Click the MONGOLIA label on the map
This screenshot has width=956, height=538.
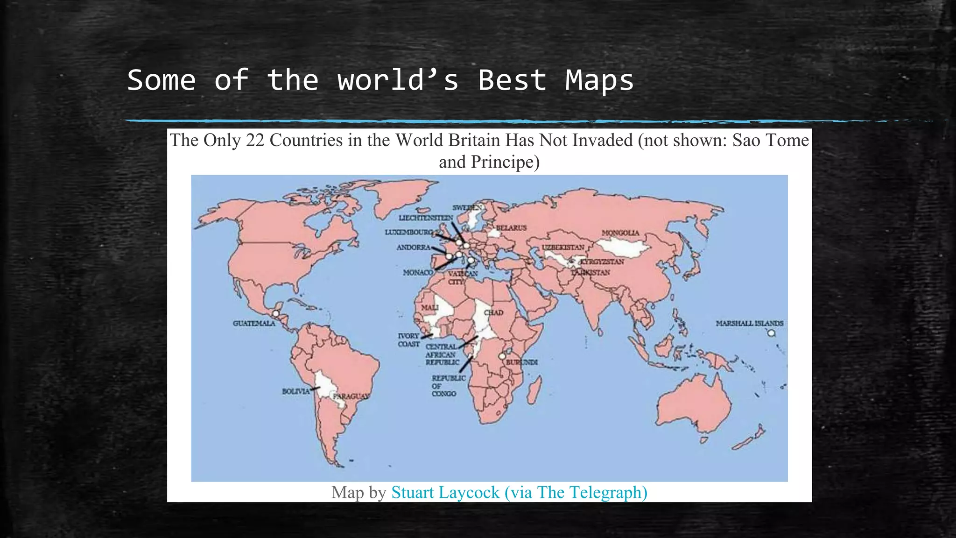coord(620,233)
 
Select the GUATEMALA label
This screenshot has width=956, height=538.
coord(254,323)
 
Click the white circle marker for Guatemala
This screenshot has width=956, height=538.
coord(276,314)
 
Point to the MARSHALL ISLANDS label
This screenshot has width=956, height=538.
coord(749,323)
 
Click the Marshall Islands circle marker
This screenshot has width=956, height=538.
coord(771,333)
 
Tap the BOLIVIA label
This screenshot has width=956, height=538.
coord(295,391)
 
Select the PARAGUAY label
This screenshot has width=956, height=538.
coord(351,396)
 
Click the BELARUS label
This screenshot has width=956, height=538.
coord(511,228)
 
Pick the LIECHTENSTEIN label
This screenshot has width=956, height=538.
coord(425,218)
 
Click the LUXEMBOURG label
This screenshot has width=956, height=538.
coord(409,232)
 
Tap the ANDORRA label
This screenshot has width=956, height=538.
coord(413,248)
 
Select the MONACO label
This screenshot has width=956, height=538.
coord(417,272)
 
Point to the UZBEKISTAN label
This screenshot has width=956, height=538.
coord(562,247)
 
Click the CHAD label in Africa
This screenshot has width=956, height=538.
coord(493,312)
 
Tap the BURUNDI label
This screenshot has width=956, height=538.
coord(522,362)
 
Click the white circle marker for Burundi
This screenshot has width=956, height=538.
coord(502,356)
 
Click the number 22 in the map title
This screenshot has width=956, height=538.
coord(255,140)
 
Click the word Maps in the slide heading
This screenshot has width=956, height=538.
coord(599,80)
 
